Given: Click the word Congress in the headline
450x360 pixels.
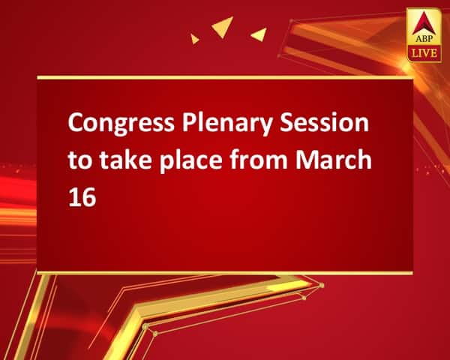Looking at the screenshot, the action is click(x=121, y=124).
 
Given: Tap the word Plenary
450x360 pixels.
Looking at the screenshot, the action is click(x=227, y=124).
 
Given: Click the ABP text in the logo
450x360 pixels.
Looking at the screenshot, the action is click(x=424, y=38).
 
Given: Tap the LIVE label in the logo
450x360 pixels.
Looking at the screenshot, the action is click(x=424, y=54).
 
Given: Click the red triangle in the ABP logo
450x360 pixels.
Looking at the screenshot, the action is click(x=424, y=23).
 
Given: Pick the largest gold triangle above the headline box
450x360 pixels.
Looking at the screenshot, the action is click(x=223, y=25).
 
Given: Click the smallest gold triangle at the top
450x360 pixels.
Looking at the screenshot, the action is click(x=194, y=39).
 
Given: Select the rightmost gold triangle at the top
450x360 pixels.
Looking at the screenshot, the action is click(x=260, y=34).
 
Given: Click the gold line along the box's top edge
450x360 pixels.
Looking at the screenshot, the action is click(x=225, y=77).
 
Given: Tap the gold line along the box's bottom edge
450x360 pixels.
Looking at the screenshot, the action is click(x=225, y=273).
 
